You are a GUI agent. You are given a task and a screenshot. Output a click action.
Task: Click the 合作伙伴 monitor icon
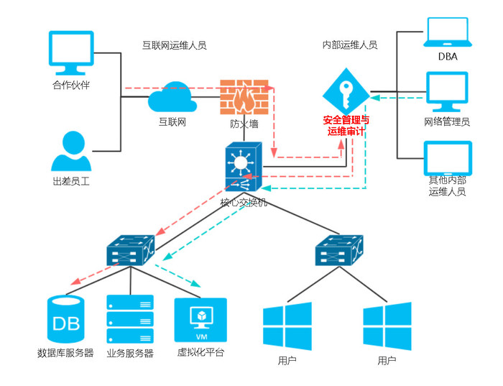pyautogui.click(x=71, y=53)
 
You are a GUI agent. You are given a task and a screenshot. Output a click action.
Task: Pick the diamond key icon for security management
pyautogui.click(x=345, y=89)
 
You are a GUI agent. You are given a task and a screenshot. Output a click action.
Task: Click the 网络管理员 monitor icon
pyautogui.click(x=447, y=91)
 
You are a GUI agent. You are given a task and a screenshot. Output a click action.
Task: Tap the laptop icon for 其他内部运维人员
pyautogui.click(x=447, y=158)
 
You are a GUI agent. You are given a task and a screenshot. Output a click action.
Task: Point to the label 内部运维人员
pyautogui.click(x=350, y=45)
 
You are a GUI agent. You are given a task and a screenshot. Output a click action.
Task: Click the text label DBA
pyautogui.click(x=447, y=58)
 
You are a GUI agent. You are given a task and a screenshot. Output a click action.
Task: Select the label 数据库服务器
pyautogui.click(x=65, y=354)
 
